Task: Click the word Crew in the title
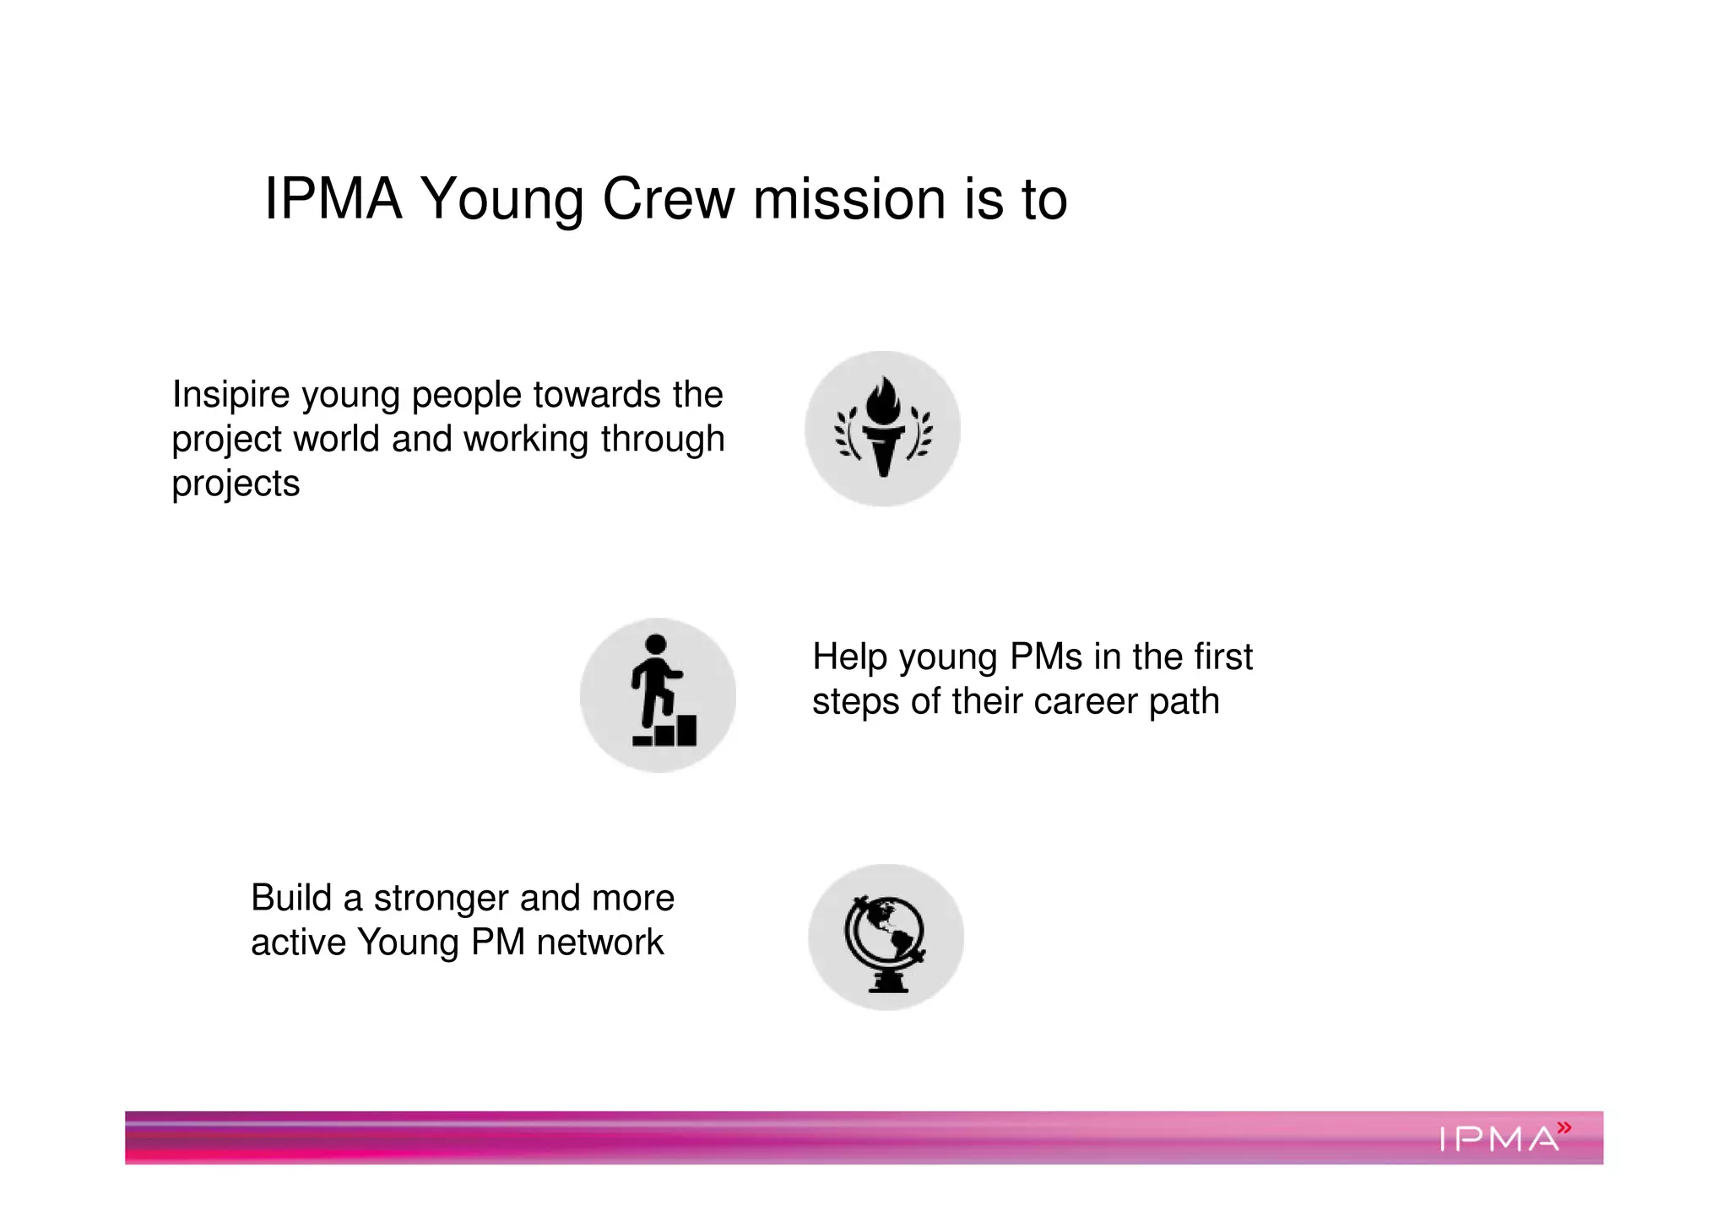pos(668,200)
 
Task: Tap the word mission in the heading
pos(849,200)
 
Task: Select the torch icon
pos(883,429)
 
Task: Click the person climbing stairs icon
pos(659,694)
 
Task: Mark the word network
pos(600,943)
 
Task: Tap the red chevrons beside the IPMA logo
pos(1564,1126)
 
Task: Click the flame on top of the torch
pos(883,401)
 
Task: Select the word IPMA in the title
pos(333,200)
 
